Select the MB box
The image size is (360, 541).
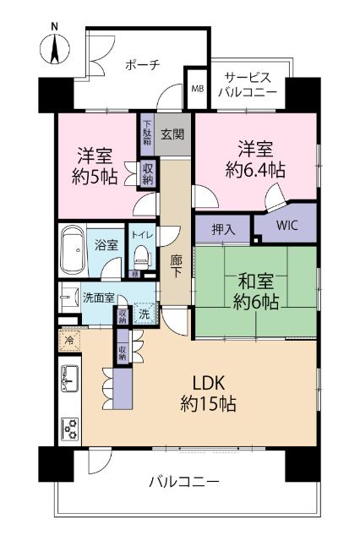pyautogui.click(x=197, y=88)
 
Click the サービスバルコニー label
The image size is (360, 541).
pyautogui.click(x=248, y=84)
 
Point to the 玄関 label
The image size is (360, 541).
pyautogui.click(x=173, y=133)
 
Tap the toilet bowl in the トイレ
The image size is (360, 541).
pyautogui.click(x=141, y=254)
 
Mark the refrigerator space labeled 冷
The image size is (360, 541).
pyautogui.click(x=68, y=342)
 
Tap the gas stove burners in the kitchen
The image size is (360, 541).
pyautogui.click(x=69, y=429)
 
